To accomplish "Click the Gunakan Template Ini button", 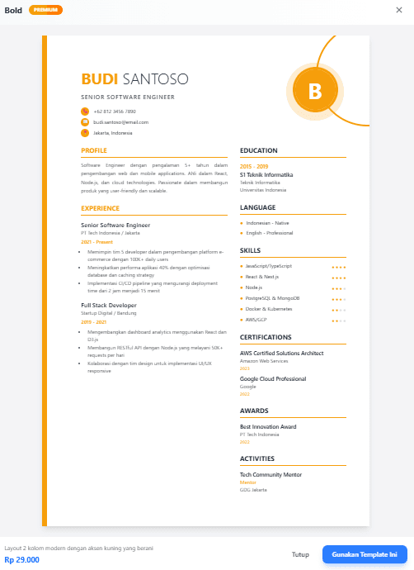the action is pos(365,555).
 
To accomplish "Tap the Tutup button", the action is pos(301,555).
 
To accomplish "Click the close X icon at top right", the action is pos(402,10).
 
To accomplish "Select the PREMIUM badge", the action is pos(45,10).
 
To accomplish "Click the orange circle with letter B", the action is pos(316,90).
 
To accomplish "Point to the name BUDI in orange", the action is pos(100,79).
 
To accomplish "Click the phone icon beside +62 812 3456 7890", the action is pos(85,112).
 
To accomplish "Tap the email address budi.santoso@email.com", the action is pos(120,122).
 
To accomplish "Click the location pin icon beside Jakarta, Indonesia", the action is pos(85,133).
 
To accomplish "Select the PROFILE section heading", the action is pos(94,151).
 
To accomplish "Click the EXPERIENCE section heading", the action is pos(100,209).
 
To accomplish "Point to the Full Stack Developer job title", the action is pos(109,305).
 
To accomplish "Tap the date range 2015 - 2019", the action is pos(255,167).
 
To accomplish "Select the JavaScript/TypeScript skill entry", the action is pos(269,266).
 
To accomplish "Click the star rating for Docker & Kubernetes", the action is pos(338,309).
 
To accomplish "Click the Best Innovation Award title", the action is pos(268,427).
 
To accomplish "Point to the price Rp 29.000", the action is pos(22,560).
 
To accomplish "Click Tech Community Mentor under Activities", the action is pos(271,475).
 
